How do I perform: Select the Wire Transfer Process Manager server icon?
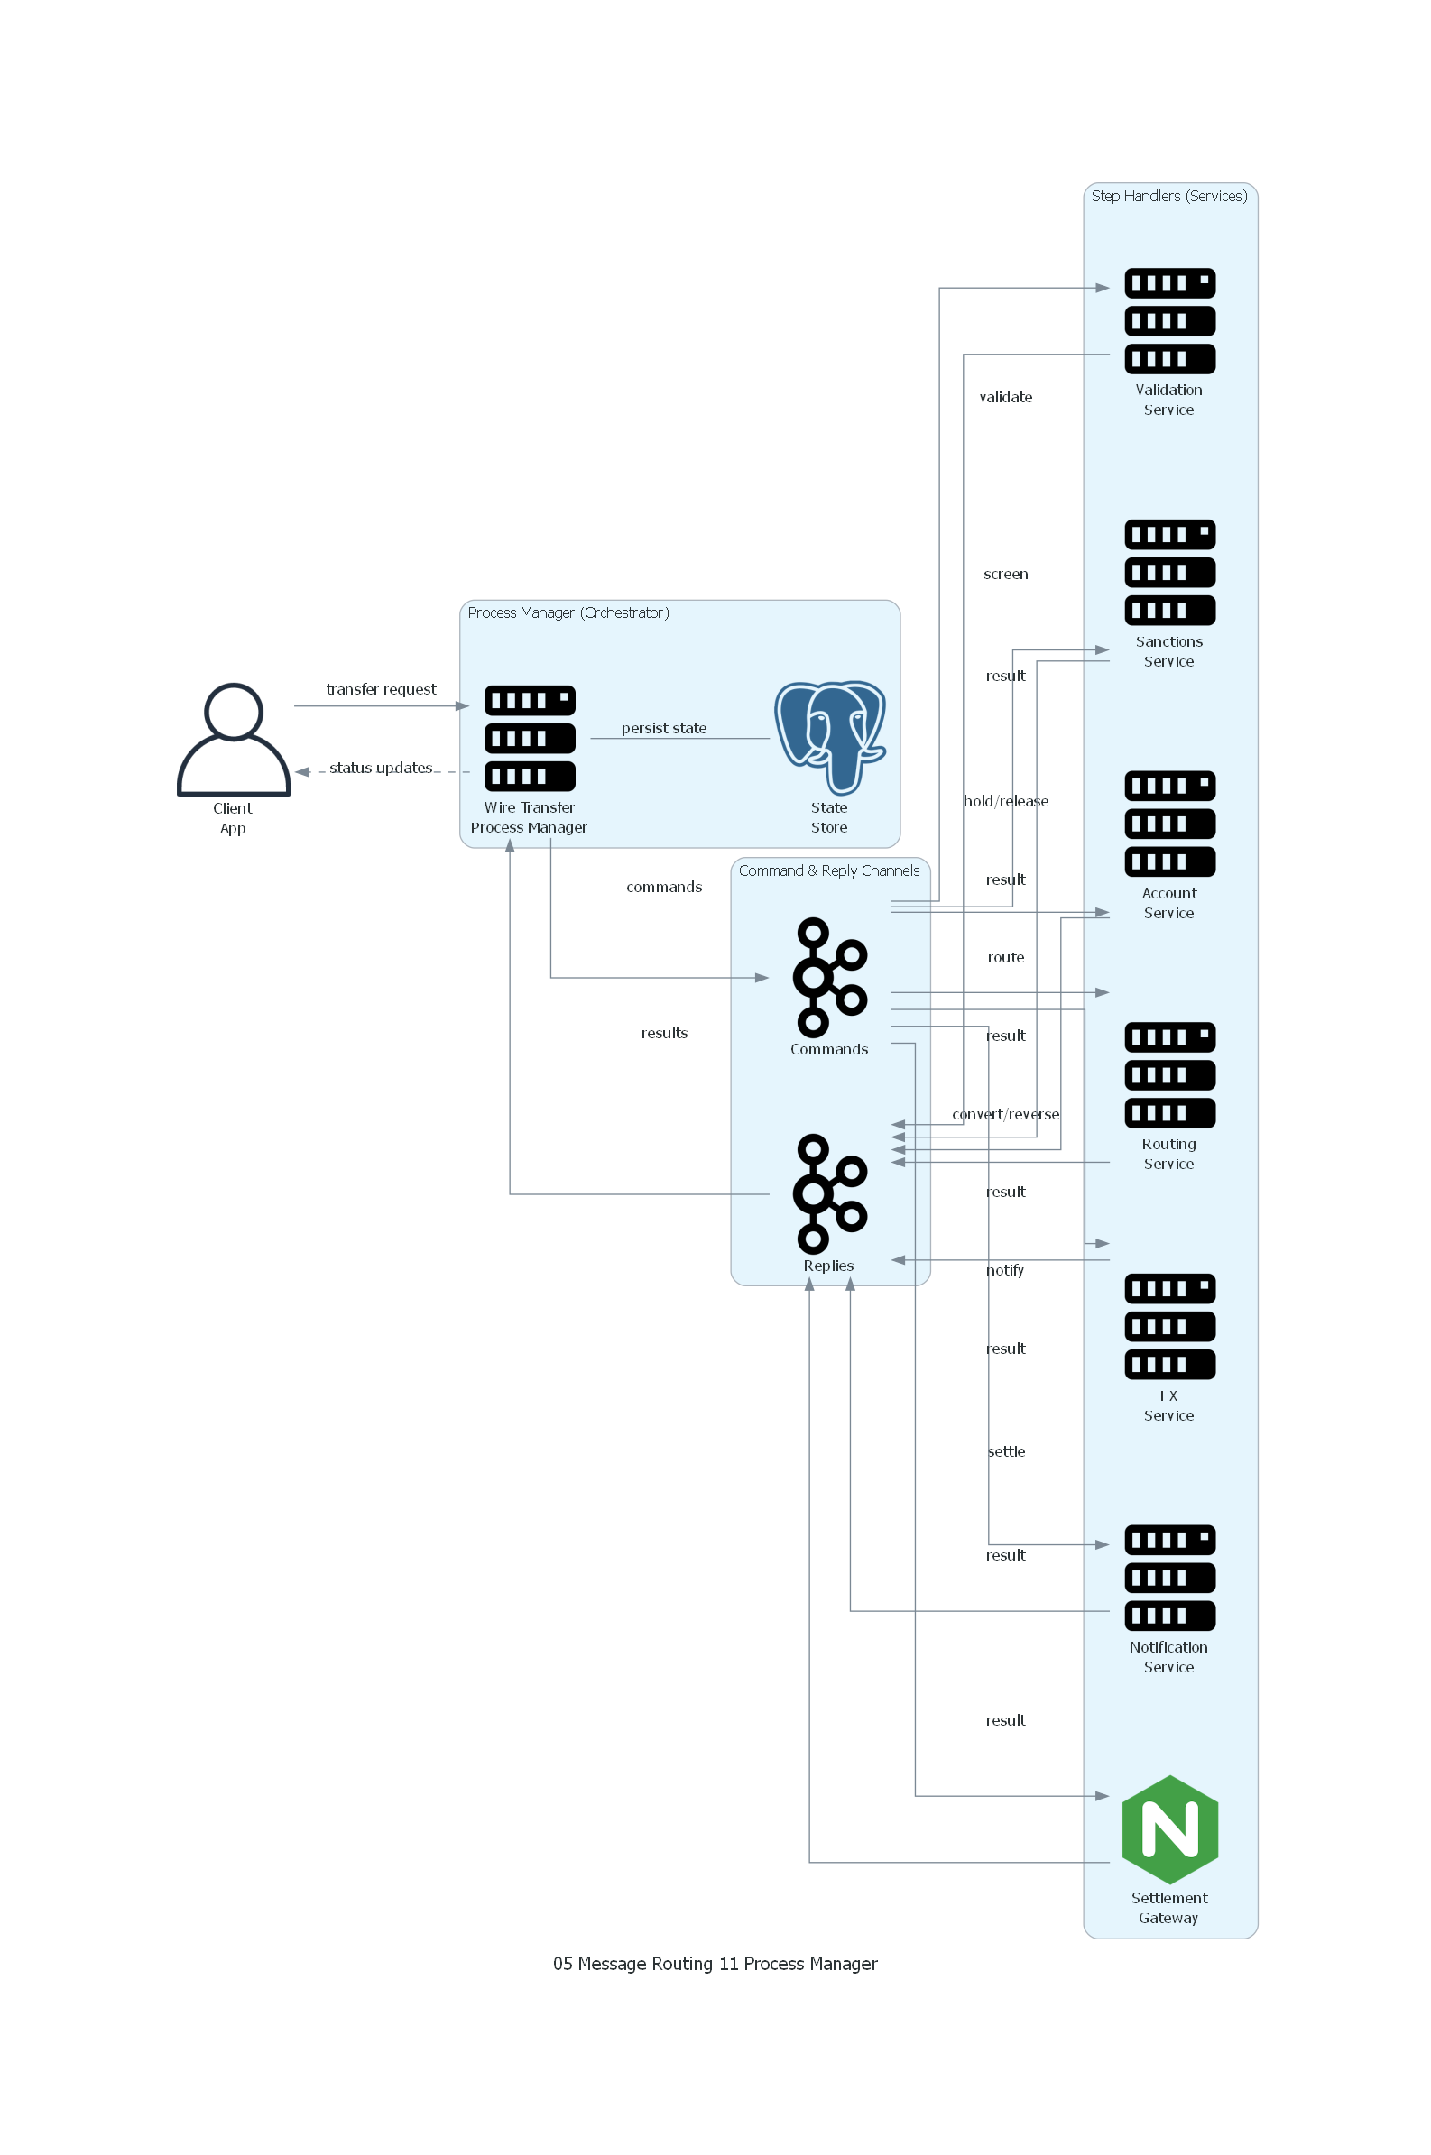[x=530, y=738]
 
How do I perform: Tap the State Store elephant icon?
[x=829, y=737]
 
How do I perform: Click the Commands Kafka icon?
[x=829, y=977]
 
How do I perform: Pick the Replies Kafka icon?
[x=829, y=1193]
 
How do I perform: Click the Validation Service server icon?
[x=1169, y=321]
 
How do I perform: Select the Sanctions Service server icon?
[x=1169, y=572]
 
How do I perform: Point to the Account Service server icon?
[x=1169, y=824]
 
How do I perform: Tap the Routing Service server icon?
[x=1169, y=1074]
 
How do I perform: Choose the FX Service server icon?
[x=1169, y=1326]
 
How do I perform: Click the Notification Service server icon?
[x=1169, y=1578]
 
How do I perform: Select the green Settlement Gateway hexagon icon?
[x=1169, y=1829]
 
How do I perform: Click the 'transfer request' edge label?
[x=382, y=689]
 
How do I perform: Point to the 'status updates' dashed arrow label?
[x=381, y=768]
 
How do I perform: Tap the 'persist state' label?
[x=663, y=728]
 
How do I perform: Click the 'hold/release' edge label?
[x=1006, y=801]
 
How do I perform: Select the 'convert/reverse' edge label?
[x=1006, y=1114]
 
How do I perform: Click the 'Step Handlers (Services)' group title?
[x=1169, y=196]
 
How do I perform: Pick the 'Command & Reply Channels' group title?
[x=828, y=870]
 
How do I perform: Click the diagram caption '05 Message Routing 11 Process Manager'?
[x=715, y=1964]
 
